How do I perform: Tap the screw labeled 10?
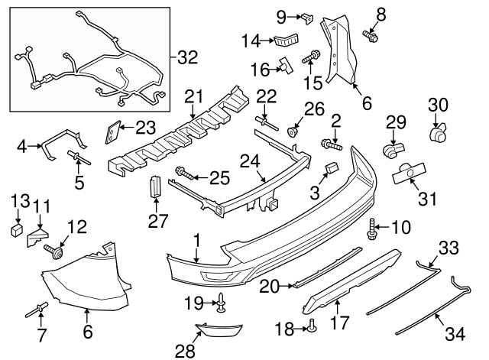click(373, 228)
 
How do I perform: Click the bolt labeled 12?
click(56, 250)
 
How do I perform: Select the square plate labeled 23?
click(112, 131)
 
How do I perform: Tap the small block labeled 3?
click(331, 170)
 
